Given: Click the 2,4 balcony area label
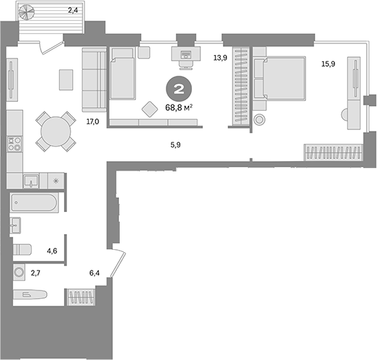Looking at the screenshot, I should point(72,10).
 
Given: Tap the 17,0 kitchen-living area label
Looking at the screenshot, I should point(92,122).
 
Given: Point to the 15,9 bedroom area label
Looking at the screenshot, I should point(329,65).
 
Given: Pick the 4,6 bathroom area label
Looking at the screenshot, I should point(52,251).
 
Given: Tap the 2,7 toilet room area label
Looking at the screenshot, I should point(35,273).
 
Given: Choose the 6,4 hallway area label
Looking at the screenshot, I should point(96,273).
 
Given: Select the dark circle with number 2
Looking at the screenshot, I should point(178,89).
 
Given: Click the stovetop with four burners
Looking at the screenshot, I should point(13,145).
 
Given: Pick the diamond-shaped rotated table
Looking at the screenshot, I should point(149,109).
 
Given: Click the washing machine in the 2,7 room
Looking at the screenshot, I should point(19,273).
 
